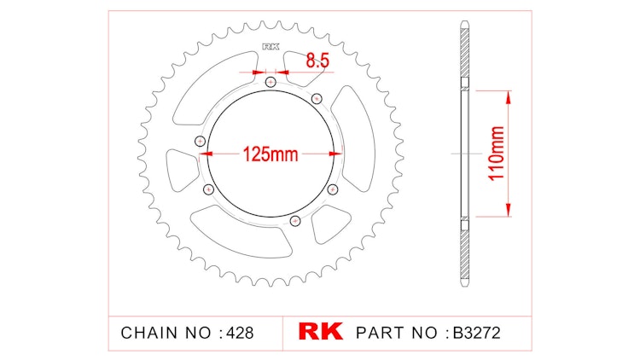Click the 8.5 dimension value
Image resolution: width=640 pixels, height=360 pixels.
coord(317,60)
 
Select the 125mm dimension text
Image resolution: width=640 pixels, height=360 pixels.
coord(270,154)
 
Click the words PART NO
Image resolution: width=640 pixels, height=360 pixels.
coord(393,332)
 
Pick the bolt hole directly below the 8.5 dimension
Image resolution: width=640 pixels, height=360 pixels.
coord(271,83)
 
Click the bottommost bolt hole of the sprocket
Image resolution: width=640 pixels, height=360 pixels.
coord(295,221)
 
